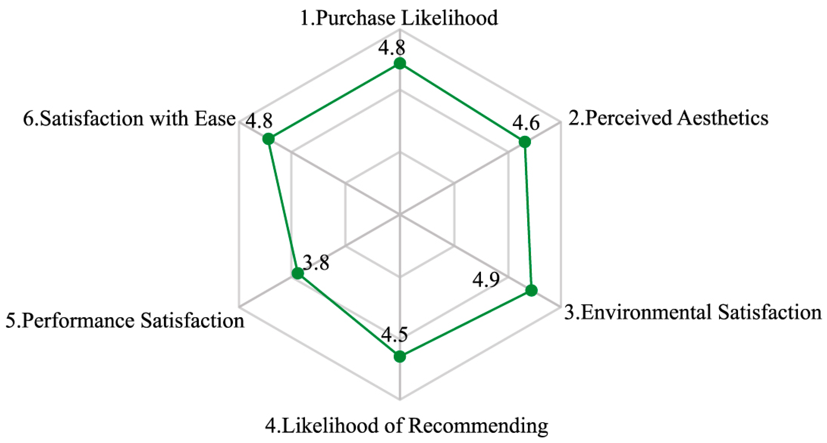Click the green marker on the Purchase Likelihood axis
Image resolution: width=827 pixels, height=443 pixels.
[400, 64]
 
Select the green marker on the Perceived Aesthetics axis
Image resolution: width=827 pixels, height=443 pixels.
[525, 142]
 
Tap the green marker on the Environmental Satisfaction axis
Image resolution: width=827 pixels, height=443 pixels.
[532, 290]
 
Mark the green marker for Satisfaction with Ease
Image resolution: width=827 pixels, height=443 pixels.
[268, 139]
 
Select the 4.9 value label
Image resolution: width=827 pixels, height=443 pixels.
[486, 280]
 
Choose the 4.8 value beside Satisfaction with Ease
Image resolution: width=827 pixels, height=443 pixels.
[259, 121]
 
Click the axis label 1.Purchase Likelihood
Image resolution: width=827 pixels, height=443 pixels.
[399, 18]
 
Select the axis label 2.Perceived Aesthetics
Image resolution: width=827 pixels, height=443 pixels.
[668, 118]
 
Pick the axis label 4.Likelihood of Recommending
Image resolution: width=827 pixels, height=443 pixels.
[406, 426]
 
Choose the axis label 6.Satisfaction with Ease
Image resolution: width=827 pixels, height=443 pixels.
[129, 119]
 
